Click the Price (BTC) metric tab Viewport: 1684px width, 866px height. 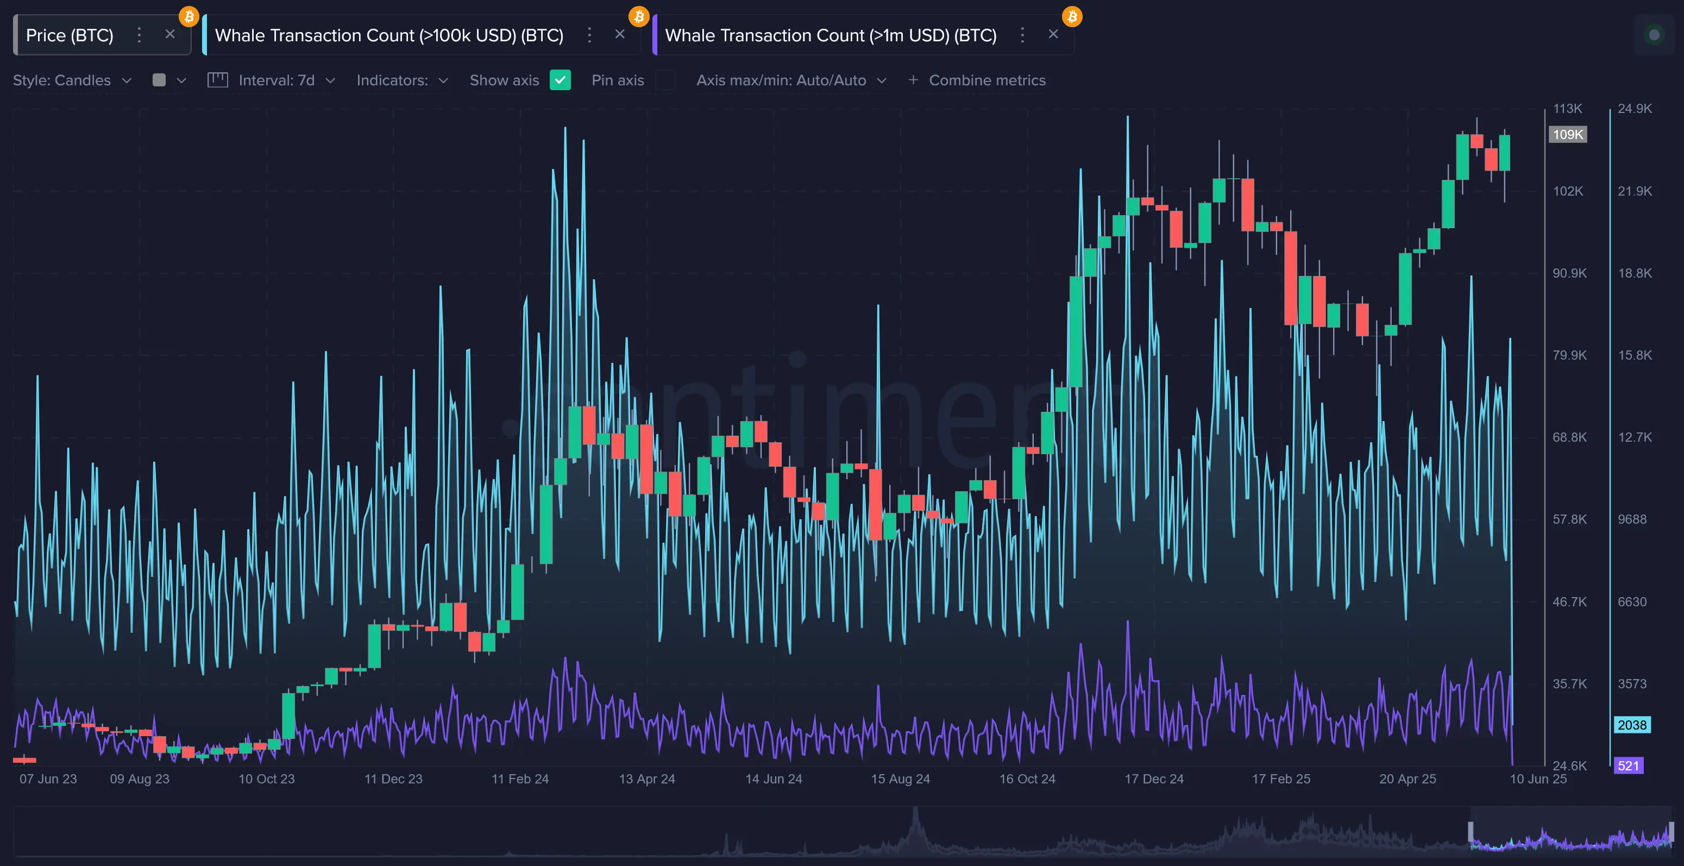click(x=70, y=35)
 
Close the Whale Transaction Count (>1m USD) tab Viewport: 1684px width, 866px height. click(x=1053, y=34)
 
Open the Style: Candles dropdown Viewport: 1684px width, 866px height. click(x=72, y=80)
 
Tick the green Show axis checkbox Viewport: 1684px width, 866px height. click(x=560, y=80)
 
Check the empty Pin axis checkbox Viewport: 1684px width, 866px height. click(x=665, y=80)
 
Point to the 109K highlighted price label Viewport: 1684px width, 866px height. click(x=1568, y=135)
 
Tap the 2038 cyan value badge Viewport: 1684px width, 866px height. click(x=1632, y=725)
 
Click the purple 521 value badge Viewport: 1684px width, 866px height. click(x=1628, y=765)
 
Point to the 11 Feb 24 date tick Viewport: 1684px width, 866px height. click(x=520, y=779)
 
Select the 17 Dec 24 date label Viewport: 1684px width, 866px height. click(x=1154, y=779)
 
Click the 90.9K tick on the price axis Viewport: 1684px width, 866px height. click(x=1569, y=273)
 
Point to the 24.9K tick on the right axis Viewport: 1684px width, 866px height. click(x=1635, y=109)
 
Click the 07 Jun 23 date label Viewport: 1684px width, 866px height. click(x=48, y=779)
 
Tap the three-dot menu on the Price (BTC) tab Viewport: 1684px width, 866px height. click(x=139, y=35)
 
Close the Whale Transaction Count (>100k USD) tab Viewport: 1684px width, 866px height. click(x=620, y=34)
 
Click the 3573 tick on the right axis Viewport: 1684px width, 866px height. click(x=1632, y=683)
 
